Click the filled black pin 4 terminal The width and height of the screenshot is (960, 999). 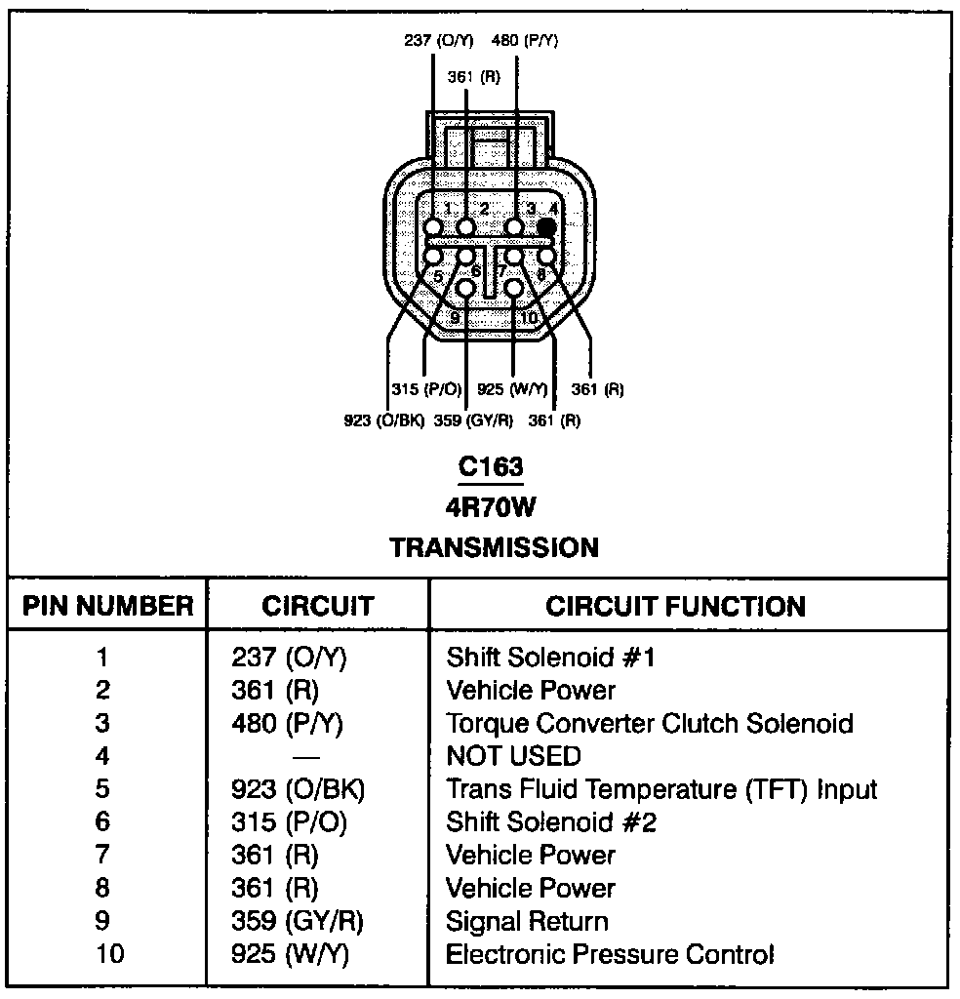point(546,227)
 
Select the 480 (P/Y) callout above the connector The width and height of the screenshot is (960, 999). point(525,41)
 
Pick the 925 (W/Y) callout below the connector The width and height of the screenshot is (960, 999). point(511,389)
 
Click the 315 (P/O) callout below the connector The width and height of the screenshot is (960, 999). point(426,389)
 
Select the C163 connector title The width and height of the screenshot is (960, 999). point(491,467)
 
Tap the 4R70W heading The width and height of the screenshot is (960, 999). point(491,507)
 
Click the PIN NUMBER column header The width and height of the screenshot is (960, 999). point(108,606)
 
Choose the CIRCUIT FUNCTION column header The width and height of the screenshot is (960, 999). point(675,606)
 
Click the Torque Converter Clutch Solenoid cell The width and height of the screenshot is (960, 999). point(649,724)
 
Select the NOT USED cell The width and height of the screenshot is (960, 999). point(513,756)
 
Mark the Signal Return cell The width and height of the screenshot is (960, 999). point(527,921)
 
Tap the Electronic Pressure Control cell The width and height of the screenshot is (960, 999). point(610,954)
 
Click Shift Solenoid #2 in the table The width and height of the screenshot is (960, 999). point(551,822)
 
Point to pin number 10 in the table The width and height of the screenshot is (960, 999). point(110,954)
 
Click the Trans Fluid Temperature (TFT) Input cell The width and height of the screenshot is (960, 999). point(661,789)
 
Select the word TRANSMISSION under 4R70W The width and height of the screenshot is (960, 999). point(495,547)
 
